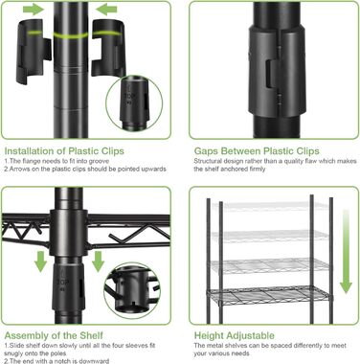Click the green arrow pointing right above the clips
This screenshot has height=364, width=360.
pos(34,10)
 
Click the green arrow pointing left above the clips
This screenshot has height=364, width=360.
pos(106,10)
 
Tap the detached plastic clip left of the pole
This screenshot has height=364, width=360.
pos(34,51)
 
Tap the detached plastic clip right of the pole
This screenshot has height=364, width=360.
pos(108,48)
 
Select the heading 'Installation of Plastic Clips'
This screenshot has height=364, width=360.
pos(64,151)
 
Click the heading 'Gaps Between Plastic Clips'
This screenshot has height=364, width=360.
pos(257,151)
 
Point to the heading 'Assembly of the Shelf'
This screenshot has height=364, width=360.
pos(54,335)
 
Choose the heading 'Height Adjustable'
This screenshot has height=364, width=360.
pos(235,335)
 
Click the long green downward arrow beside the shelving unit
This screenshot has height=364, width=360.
pos(346,252)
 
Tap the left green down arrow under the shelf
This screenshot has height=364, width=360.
pos(40,262)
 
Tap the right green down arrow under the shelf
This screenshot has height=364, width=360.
pos(98,262)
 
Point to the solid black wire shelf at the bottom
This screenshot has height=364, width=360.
pos(268,295)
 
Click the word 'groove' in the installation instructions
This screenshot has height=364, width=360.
pos(99,161)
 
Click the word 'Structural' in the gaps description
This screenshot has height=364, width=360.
pos(208,161)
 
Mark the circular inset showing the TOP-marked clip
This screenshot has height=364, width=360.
pos(134,103)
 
